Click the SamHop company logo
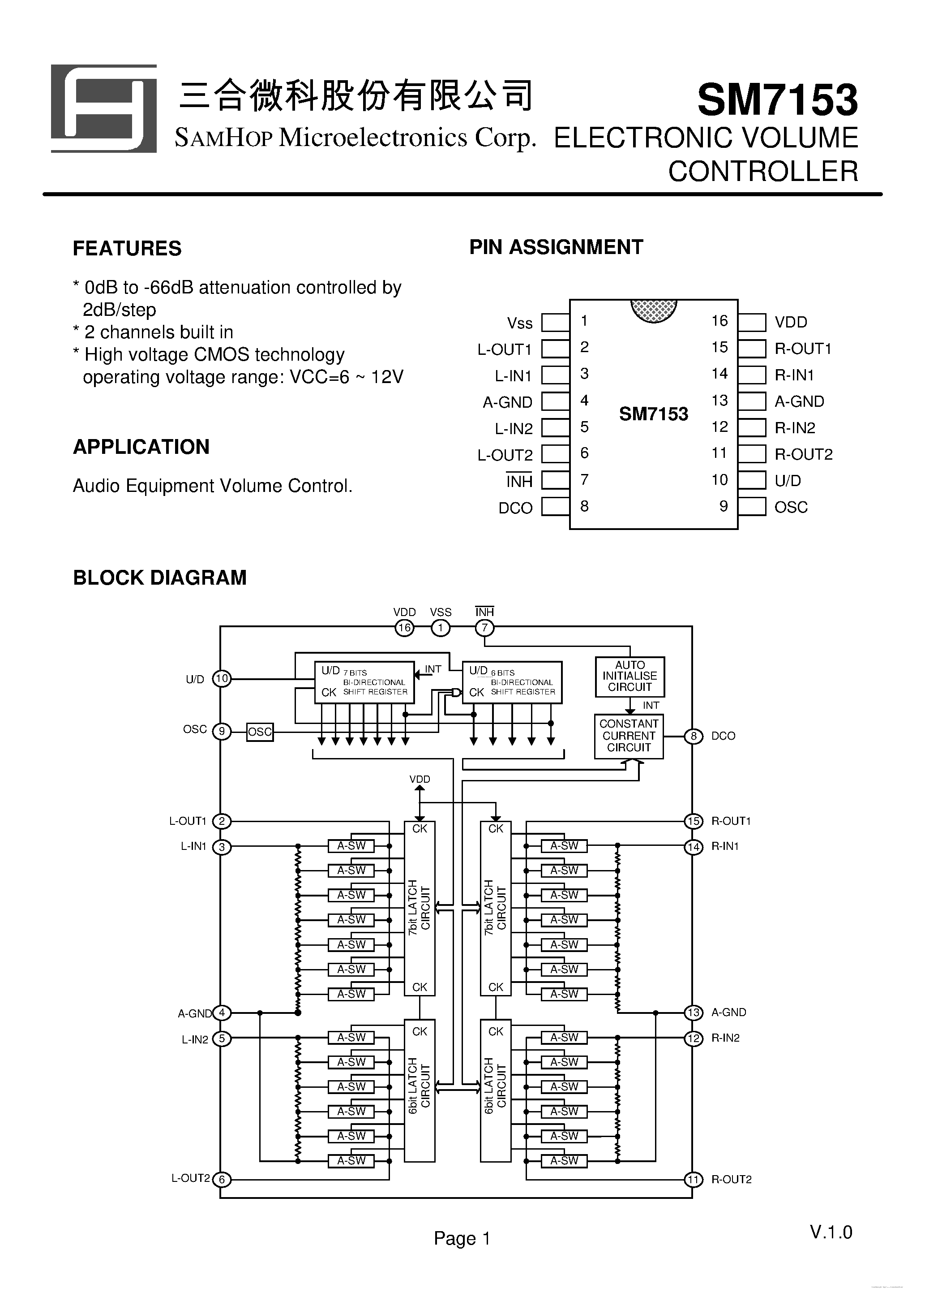[x=104, y=108]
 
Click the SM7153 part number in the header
[x=777, y=100]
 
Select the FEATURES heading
[x=127, y=249]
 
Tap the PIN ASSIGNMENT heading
[x=556, y=247]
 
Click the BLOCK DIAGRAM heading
[x=160, y=577]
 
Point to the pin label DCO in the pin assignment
[x=515, y=508]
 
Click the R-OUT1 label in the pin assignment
[x=803, y=349]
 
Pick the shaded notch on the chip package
[x=654, y=310]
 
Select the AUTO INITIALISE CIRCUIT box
[x=630, y=676]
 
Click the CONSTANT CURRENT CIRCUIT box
[x=629, y=736]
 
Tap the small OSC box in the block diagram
[x=260, y=732]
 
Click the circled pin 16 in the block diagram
[x=404, y=628]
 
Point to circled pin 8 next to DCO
[x=694, y=736]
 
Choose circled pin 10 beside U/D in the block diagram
[x=222, y=679]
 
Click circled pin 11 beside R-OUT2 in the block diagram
[x=693, y=1179]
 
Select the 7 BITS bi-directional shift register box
[x=364, y=682]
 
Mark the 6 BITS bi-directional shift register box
[x=512, y=682]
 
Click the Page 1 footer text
[x=462, y=1238]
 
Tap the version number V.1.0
[x=831, y=1232]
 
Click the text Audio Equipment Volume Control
[x=213, y=486]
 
